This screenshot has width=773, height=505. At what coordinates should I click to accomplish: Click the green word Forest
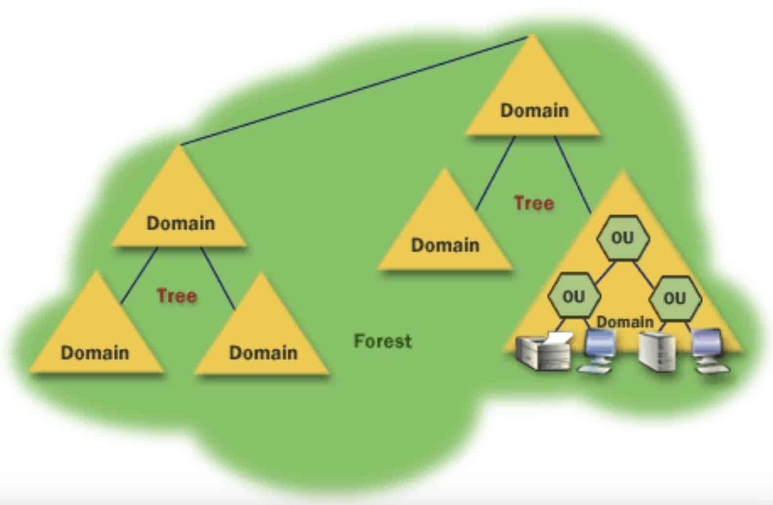pyautogui.click(x=383, y=341)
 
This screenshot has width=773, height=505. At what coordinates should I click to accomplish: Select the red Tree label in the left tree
pyautogui.click(x=177, y=296)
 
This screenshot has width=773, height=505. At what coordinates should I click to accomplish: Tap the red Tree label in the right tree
pyautogui.click(x=534, y=203)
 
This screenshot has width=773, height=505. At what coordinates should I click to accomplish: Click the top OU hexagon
pyautogui.click(x=623, y=238)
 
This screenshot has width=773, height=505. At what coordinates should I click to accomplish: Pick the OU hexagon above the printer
pyautogui.click(x=573, y=296)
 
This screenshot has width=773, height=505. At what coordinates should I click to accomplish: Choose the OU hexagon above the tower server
pyautogui.click(x=675, y=298)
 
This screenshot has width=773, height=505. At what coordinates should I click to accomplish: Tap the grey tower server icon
pyautogui.click(x=658, y=352)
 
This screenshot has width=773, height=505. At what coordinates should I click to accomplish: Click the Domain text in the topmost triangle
pyautogui.click(x=534, y=110)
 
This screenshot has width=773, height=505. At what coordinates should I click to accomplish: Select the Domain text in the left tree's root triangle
pyautogui.click(x=181, y=223)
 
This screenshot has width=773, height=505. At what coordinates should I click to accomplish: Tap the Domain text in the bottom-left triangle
pyautogui.click(x=95, y=352)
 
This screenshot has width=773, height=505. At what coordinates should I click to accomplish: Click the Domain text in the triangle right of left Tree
pyautogui.click(x=263, y=352)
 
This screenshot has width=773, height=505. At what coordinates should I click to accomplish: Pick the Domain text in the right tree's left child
pyautogui.click(x=445, y=245)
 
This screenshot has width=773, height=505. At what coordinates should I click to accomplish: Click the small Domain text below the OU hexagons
pyautogui.click(x=625, y=322)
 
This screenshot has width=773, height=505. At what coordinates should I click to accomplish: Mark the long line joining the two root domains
pyautogui.click(x=354, y=90)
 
